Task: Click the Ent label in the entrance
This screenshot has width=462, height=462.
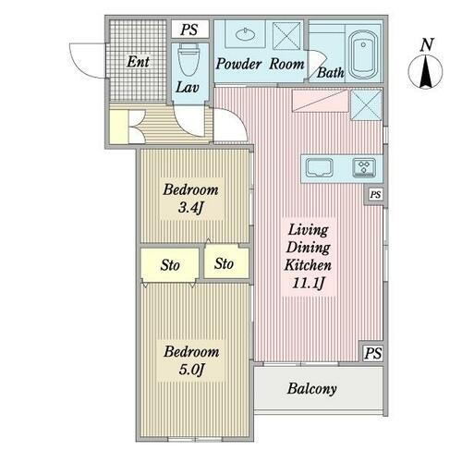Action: (138, 64)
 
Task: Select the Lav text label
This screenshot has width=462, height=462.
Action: (188, 89)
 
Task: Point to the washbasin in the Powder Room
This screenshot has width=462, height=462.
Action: (247, 38)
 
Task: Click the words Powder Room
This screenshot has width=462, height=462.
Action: (261, 65)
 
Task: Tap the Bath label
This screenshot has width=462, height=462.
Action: (331, 72)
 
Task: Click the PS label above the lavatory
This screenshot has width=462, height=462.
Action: (189, 29)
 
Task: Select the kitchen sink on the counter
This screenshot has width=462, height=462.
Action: (320, 167)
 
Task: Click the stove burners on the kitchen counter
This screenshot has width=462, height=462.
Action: (364, 167)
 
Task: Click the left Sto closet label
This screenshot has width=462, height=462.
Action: (170, 266)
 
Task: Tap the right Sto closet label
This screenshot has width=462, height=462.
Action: (224, 264)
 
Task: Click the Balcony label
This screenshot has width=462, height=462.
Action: (311, 389)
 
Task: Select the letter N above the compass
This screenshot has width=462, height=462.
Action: (425, 43)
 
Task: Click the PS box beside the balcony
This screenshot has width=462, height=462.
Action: (372, 353)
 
